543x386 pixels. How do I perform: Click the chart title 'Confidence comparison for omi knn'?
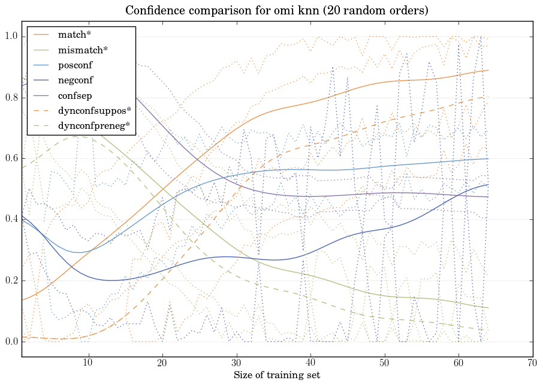click(277, 11)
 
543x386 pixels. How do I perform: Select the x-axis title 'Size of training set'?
click(276, 376)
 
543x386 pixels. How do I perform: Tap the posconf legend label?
click(76, 65)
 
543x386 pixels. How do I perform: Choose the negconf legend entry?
click(76, 80)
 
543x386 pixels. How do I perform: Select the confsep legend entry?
click(75, 95)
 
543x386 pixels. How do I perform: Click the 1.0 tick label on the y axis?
click(11, 37)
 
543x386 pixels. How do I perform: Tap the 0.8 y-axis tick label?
click(11, 98)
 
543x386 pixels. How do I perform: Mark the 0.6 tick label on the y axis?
click(11, 159)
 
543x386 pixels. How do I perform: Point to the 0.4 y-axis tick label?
click(11, 220)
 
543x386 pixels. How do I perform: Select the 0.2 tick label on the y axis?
click(11, 281)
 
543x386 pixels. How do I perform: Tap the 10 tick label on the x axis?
click(88, 363)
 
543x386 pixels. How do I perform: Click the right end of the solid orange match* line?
click(488, 70)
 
